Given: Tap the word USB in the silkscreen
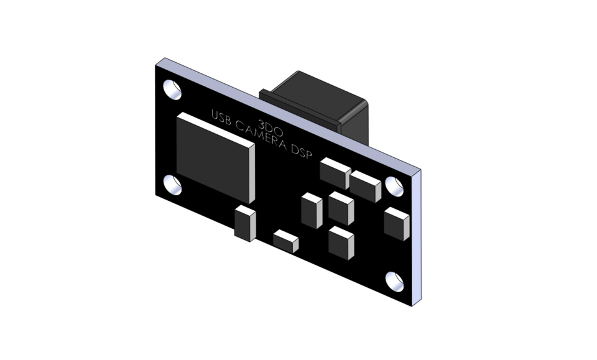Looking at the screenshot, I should point(222,118).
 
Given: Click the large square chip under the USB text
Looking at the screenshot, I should point(215,155).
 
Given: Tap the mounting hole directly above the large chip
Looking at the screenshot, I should point(172,90).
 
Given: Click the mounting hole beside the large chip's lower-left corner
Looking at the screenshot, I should point(173,184).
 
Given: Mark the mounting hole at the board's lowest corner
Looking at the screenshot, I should point(394,281).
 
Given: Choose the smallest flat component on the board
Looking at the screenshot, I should point(285,241).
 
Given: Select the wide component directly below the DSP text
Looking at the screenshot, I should point(335,172).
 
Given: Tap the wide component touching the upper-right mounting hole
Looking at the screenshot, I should point(366,186).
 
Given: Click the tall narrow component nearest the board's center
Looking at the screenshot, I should point(312,210).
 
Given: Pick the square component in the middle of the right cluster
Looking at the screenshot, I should point(341,208).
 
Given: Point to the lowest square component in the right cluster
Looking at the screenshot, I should point(341,242).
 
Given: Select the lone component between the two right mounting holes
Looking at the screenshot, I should point(396,224).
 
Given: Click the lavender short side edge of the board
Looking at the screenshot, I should point(415,236).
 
